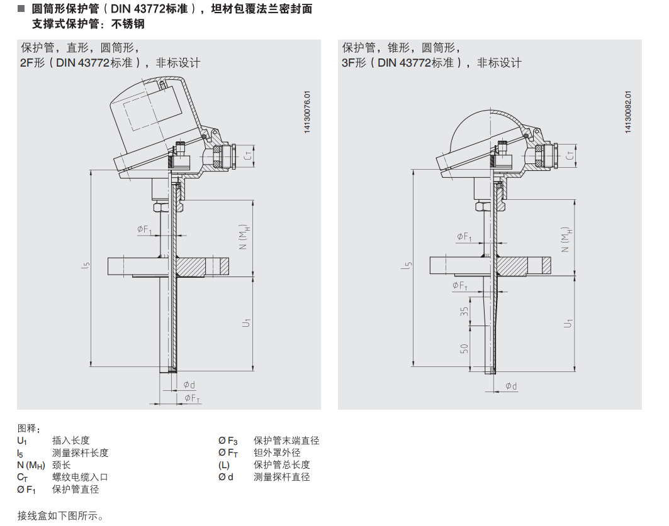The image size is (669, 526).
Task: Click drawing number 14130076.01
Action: coord(308,111)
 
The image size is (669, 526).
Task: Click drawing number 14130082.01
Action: coord(628,111)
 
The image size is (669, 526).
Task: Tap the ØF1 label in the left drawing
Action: coord(145,230)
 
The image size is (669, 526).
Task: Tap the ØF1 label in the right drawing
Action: coord(464,236)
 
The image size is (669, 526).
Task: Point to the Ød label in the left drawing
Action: coord(189,385)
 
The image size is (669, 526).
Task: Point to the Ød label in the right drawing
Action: coord(511,386)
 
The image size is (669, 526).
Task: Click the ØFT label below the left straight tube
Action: coord(193,398)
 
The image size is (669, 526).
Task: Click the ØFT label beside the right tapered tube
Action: coord(460,285)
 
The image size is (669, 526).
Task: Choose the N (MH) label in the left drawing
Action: coord(244,236)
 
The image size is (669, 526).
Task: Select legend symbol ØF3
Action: coord(228,441)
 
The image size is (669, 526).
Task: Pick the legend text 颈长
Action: coord(61,465)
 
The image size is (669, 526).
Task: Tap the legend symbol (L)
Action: coord(224,465)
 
